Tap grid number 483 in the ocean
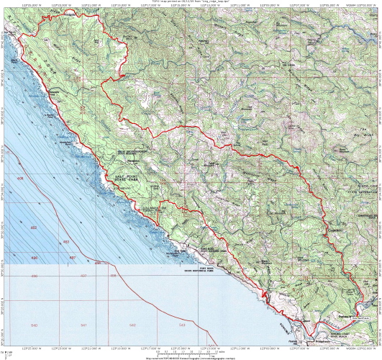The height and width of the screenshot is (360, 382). [x=67, y=241]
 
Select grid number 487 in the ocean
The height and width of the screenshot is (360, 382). [x=72, y=257]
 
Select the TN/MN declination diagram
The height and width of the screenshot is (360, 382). [x=8, y=352]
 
